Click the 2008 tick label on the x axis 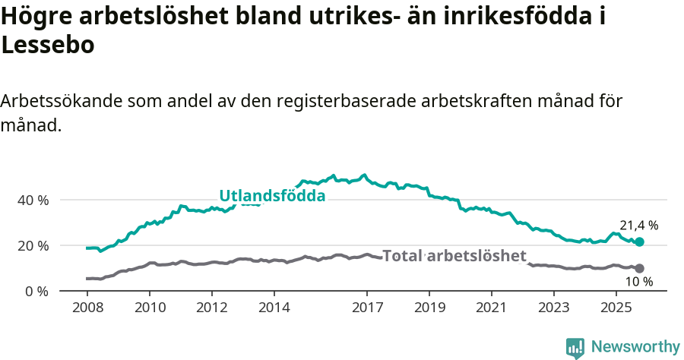coord(87,309)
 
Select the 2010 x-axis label coord(150,309)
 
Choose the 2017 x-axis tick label coord(367,309)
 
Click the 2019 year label coord(429,309)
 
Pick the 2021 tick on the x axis coord(492,309)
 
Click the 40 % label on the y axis coord(33,200)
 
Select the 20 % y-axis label coord(33,245)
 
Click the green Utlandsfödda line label coord(272,196)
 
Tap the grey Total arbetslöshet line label coord(454,256)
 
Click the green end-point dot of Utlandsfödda coord(639,242)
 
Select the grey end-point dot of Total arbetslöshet coord(639,268)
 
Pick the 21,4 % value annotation coord(638,226)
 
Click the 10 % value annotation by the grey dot coord(639,282)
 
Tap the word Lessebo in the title coord(49,45)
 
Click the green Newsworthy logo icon coord(575,347)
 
